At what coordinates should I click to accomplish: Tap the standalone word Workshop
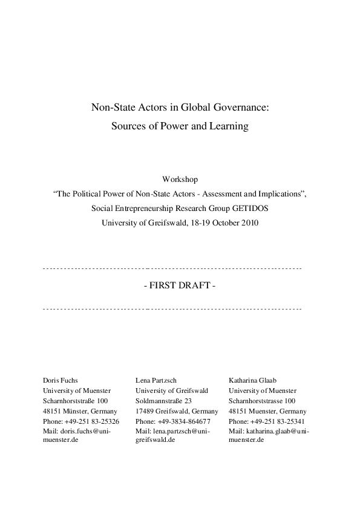180,180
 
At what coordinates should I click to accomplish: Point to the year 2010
249,223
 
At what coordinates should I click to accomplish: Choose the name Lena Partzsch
156,381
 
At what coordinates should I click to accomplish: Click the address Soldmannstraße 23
163,401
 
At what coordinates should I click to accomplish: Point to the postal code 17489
145,411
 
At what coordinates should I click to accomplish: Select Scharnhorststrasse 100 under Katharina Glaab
262,401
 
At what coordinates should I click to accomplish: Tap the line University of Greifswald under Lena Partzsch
171,391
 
